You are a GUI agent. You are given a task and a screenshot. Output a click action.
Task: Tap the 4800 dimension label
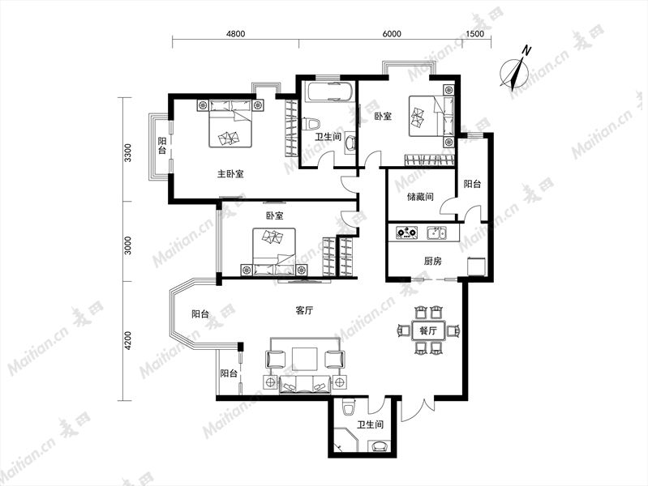click(235, 34)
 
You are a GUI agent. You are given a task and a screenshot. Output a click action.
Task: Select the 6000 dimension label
click(392, 34)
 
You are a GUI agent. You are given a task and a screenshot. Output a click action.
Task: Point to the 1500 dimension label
click(474, 34)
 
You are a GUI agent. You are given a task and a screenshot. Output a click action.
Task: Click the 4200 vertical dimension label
click(127, 340)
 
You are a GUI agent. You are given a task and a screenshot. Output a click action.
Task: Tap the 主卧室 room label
click(230, 174)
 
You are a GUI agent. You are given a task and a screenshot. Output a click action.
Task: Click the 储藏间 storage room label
click(420, 197)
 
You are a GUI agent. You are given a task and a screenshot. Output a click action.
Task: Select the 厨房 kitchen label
click(433, 261)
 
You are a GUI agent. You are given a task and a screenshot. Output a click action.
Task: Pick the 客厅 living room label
click(304, 310)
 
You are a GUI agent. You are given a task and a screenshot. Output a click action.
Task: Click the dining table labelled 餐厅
click(428, 330)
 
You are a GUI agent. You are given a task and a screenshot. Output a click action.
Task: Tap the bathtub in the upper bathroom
click(329, 92)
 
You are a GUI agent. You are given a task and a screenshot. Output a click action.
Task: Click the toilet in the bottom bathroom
click(350, 407)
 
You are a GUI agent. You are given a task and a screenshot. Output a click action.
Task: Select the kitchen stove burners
click(406, 232)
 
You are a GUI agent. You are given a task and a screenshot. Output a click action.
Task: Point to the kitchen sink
click(436, 233)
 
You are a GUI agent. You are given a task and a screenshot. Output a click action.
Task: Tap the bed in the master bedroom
click(230, 123)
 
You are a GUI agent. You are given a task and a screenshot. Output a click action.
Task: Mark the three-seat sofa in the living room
click(305, 384)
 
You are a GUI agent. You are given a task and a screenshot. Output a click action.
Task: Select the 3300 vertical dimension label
click(127, 153)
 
